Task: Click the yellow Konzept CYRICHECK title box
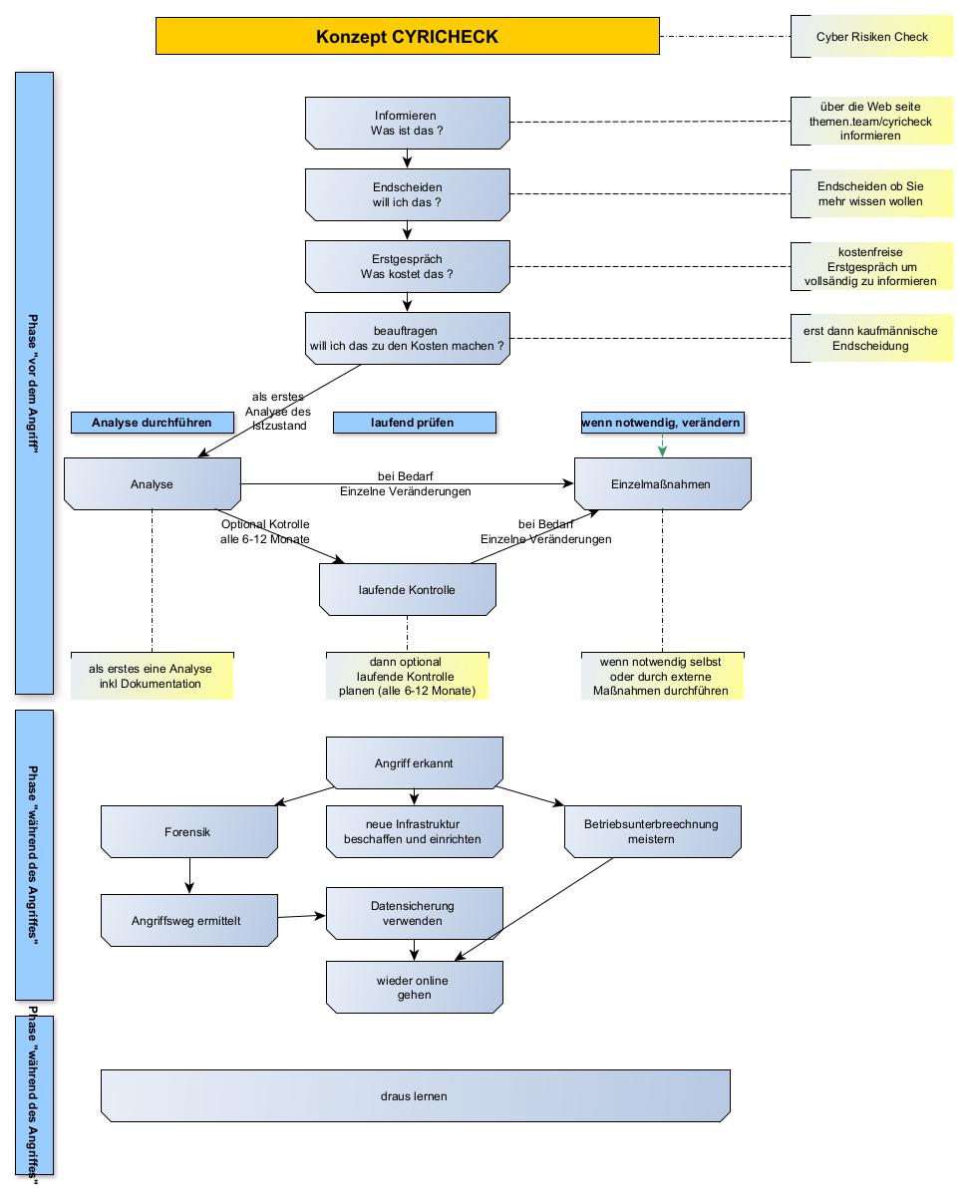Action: coord(407,37)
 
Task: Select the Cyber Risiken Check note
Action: coord(871,37)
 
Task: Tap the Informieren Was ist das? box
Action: coord(407,124)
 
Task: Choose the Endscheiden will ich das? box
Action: coord(407,194)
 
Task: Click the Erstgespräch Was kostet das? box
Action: coord(407,267)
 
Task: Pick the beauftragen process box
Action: coord(407,338)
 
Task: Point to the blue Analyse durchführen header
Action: coord(152,423)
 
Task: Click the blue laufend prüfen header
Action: coord(413,423)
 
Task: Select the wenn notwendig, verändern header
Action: coord(662,423)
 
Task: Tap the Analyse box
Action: coord(152,484)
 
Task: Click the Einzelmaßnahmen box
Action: coord(662,484)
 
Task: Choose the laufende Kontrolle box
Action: coord(407,590)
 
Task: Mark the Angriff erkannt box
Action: coord(414,763)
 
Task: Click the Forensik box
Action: coord(188,831)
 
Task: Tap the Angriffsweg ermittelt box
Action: coord(188,921)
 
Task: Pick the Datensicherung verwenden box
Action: coord(413,914)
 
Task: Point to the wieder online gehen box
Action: coord(413,988)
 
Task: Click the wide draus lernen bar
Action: coord(415,1096)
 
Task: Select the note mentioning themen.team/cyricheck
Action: coord(871,122)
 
